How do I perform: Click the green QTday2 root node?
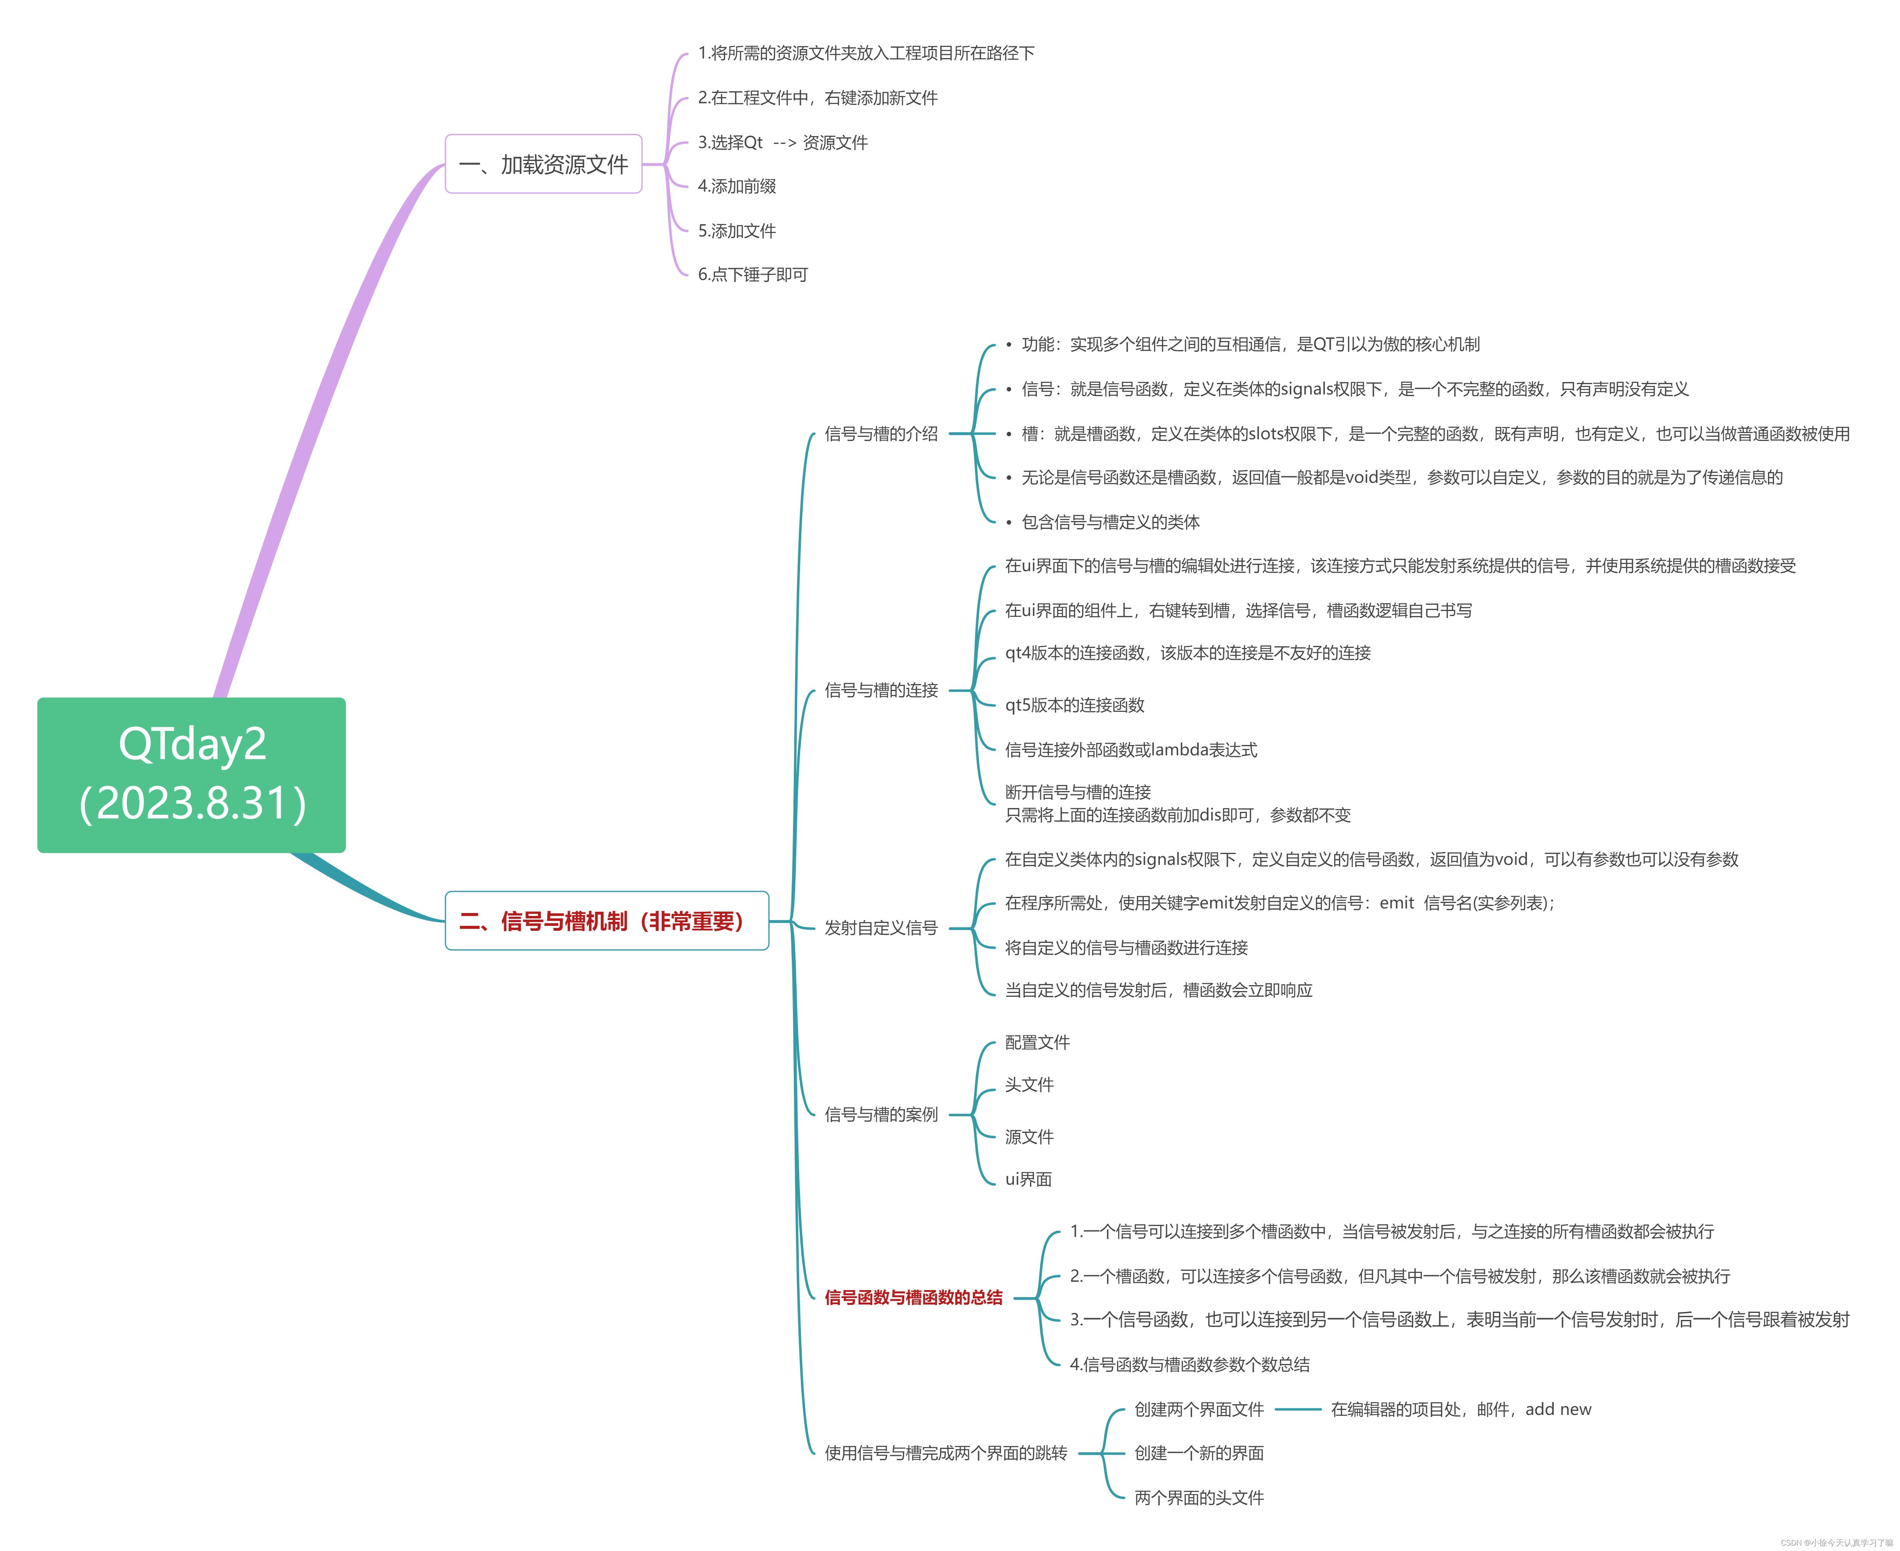point(191,774)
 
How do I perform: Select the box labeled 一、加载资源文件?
point(543,164)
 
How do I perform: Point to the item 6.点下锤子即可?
point(752,274)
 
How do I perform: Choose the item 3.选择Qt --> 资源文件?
point(783,142)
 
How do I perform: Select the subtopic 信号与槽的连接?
point(881,690)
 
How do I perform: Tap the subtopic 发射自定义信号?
point(881,928)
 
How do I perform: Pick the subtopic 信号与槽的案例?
point(881,1114)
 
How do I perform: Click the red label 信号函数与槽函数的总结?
point(913,1297)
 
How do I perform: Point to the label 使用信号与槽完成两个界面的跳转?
point(945,1453)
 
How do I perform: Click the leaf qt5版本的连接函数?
point(1075,705)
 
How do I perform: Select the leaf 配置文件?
point(1037,1042)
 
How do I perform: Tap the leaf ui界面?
point(1028,1179)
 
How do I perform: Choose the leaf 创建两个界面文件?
point(1199,1409)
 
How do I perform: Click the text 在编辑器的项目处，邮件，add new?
point(1460,1409)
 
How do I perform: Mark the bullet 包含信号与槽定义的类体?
point(1110,522)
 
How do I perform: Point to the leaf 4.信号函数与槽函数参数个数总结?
point(1190,1364)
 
